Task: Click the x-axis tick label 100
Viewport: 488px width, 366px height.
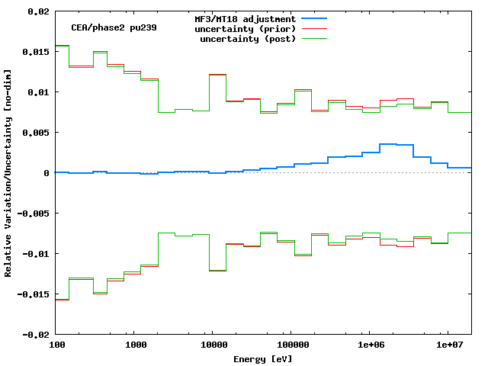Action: [56, 345]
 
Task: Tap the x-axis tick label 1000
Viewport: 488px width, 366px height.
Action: [135, 345]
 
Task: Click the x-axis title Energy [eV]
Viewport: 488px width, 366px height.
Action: [263, 358]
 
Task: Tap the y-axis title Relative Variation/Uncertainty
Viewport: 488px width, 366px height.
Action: [8, 172]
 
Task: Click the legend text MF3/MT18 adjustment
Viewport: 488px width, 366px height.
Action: [245, 18]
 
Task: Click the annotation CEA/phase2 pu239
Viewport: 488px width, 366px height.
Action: [104, 27]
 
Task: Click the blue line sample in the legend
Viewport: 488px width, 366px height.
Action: [313, 18]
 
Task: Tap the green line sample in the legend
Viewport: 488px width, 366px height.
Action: [313, 38]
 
